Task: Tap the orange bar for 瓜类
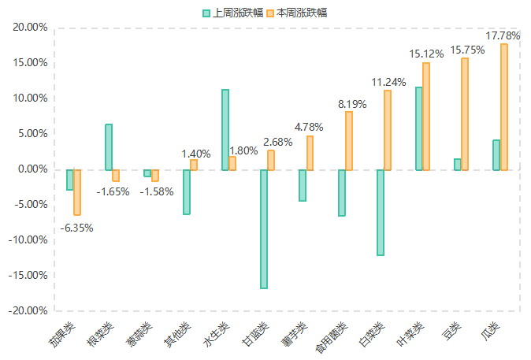(504, 107)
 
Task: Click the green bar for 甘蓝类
(264, 229)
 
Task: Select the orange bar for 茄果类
(77, 192)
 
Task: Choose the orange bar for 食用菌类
(349, 141)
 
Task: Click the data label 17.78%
(503, 36)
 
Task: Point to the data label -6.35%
(77, 228)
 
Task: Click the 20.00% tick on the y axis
(32, 28)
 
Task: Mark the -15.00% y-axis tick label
(30, 276)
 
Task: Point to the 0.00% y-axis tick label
(34, 169)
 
